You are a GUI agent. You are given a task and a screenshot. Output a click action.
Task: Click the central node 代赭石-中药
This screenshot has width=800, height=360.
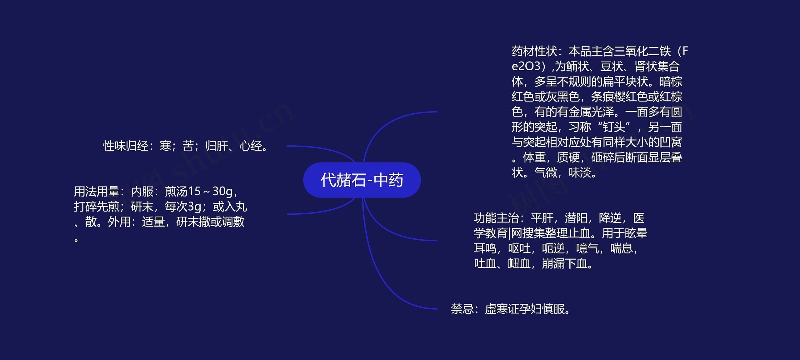click(362, 180)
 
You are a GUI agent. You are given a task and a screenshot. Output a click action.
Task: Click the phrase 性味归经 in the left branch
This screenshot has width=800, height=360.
click(126, 146)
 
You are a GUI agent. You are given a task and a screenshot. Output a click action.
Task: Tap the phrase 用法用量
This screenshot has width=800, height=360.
click(97, 192)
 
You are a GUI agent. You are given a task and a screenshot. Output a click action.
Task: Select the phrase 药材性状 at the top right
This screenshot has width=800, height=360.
click(534, 51)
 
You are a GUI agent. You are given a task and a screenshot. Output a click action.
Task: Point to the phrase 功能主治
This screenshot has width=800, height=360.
click(497, 218)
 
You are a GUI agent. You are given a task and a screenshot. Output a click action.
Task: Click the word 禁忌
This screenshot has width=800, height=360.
click(462, 309)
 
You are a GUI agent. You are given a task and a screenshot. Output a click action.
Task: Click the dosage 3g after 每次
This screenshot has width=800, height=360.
click(194, 207)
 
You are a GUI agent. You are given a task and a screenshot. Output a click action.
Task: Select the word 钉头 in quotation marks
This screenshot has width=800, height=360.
click(614, 127)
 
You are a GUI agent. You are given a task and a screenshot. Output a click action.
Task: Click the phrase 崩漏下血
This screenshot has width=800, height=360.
click(565, 264)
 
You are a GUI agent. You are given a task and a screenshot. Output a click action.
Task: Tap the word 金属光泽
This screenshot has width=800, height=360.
click(580, 112)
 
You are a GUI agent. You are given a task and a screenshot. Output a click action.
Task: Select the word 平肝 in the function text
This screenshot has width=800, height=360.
click(542, 218)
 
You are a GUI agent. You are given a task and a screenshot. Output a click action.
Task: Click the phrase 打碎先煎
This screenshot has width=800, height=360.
click(97, 207)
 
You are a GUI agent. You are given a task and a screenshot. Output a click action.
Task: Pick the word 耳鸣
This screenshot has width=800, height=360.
click(485, 248)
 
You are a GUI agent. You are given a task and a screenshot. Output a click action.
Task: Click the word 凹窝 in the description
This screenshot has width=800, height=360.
click(671, 142)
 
